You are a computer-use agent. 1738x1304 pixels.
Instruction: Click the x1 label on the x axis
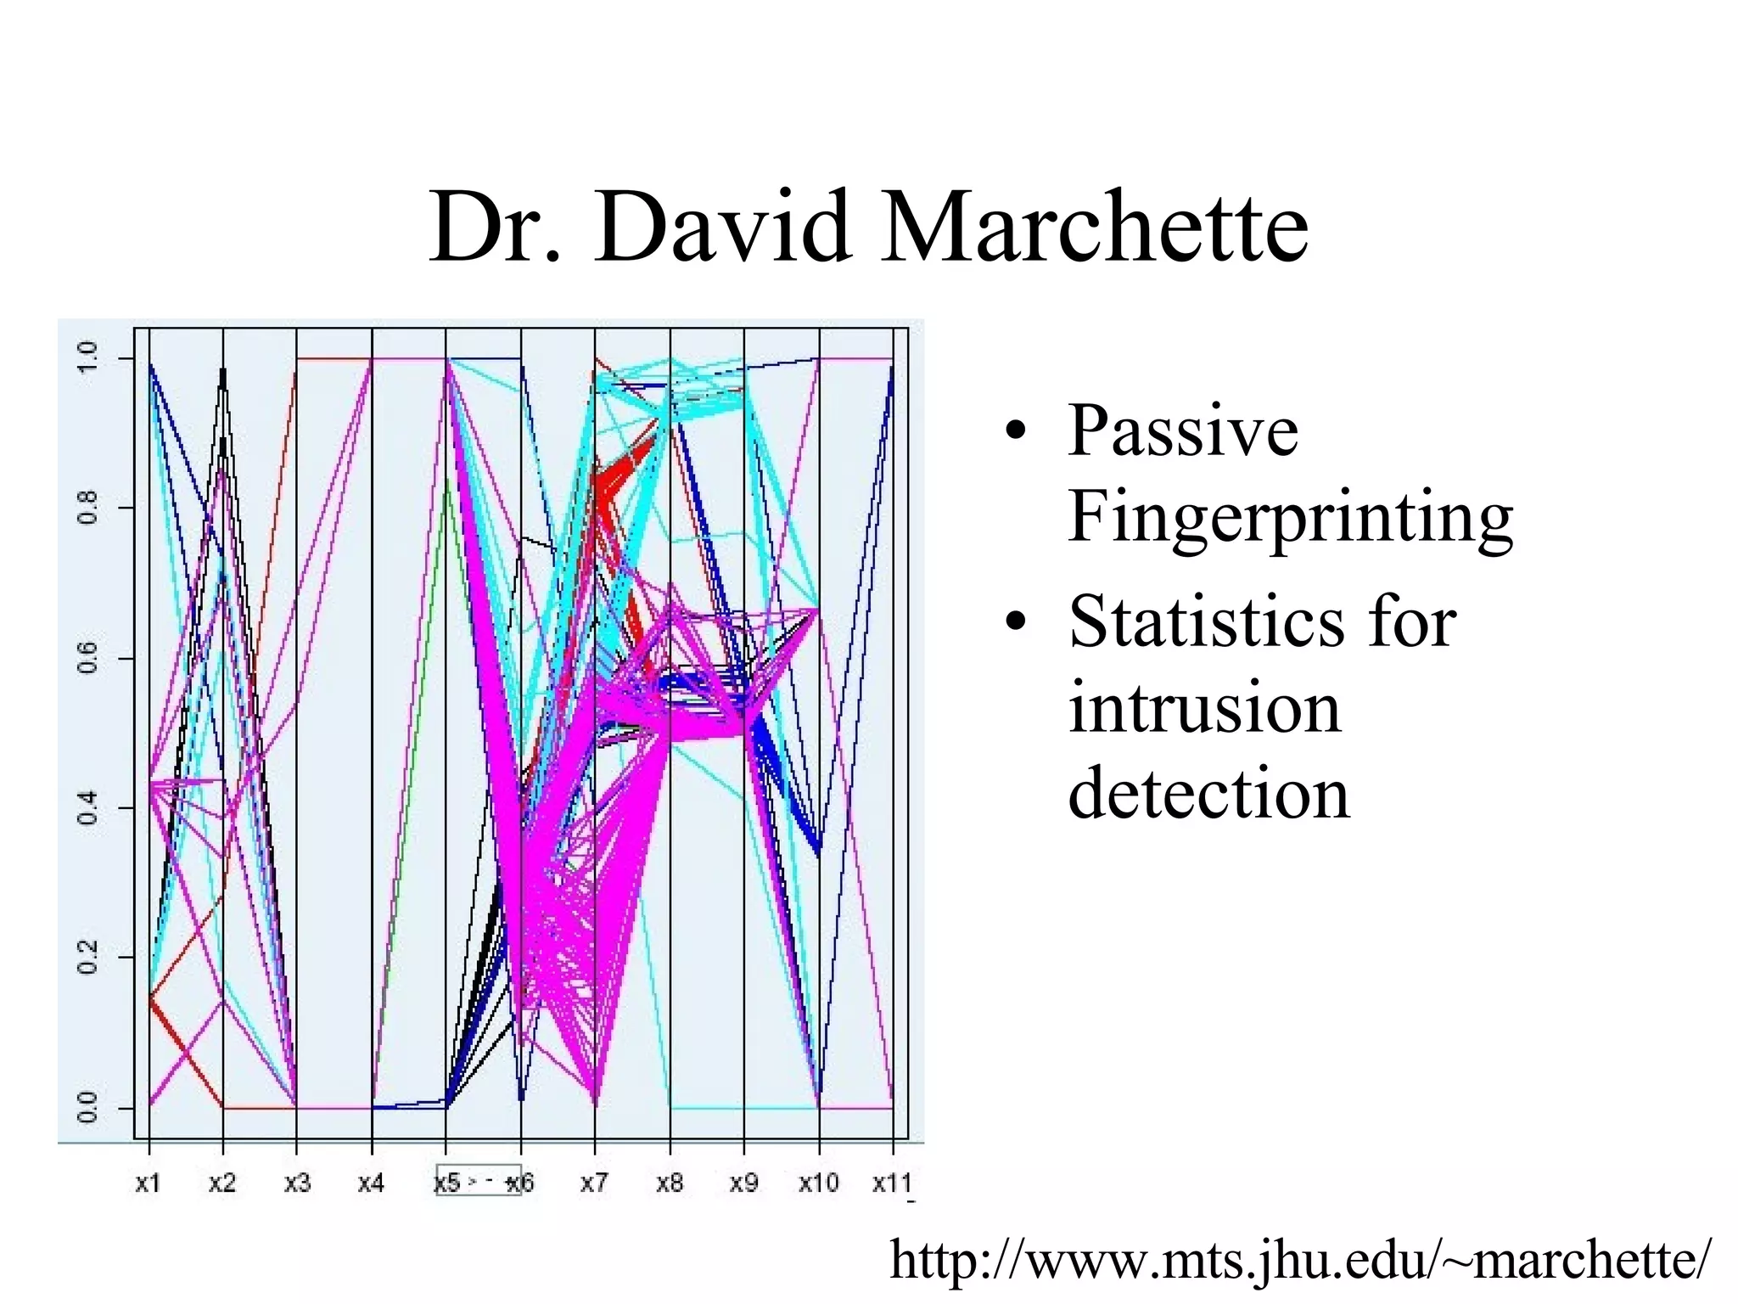(148, 1183)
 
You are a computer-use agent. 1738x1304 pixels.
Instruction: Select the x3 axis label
(297, 1183)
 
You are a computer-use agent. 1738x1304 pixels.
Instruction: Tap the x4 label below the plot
(371, 1183)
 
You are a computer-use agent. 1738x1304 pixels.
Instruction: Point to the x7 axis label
(594, 1183)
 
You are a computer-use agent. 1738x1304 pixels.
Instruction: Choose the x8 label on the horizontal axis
(670, 1183)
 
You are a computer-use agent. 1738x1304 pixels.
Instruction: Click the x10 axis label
(818, 1183)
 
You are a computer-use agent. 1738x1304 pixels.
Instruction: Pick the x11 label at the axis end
(892, 1183)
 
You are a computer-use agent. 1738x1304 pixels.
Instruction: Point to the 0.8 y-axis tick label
(88, 509)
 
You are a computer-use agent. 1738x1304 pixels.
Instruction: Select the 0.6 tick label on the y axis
(88, 658)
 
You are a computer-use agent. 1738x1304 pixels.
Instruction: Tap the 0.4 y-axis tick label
(88, 807)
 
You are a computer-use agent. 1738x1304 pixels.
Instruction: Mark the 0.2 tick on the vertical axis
(88, 958)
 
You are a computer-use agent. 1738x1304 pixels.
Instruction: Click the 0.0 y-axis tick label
(88, 1107)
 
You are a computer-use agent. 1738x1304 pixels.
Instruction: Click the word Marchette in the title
(1094, 228)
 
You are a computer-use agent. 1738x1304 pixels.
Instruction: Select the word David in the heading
(721, 228)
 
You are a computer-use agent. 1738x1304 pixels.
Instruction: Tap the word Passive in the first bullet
(1183, 431)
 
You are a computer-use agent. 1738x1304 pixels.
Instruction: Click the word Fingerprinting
(1290, 518)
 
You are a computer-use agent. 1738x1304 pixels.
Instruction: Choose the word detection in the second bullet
(1208, 793)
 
